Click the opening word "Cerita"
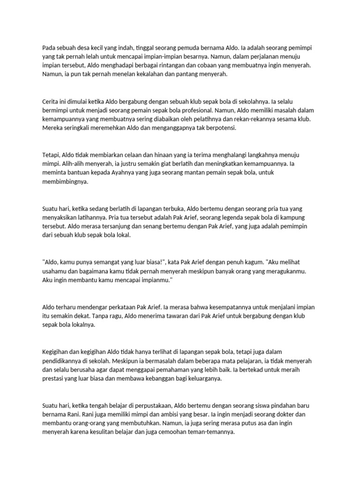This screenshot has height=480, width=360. pyautogui.click(x=51, y=101)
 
